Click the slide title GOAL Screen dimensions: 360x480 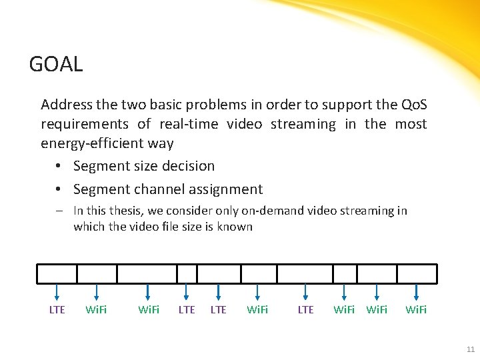tap(56, 65)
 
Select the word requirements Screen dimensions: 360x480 tap(85, 125)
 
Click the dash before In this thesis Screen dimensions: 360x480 tap(59, 211)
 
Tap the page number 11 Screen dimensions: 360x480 tap(471, 349)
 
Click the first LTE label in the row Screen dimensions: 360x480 tap(57, 310)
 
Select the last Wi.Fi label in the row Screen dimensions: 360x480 tap(417, 310)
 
